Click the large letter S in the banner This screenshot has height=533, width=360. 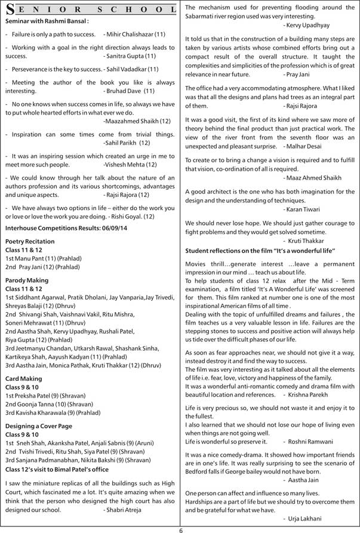coord(10,10)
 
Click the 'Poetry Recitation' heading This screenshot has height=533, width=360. coord(30,241)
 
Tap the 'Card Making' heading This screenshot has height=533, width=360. coord(23,378)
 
